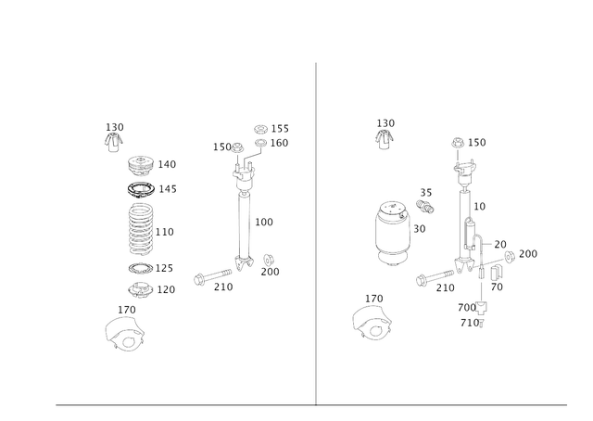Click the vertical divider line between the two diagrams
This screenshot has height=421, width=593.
coord(316,232)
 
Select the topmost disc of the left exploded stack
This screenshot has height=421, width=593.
coord(142,165)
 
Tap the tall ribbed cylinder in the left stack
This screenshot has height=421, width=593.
coord(141,229)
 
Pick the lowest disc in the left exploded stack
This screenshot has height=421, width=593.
coord(140,290)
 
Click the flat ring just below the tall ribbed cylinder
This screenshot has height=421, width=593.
coord(140,269)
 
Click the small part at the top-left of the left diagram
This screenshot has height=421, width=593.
coord(113,142)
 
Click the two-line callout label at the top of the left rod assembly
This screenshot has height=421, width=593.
coord(271,135)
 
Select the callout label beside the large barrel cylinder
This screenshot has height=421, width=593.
coord(420,225)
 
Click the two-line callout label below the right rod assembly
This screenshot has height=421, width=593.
coord(473,313)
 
